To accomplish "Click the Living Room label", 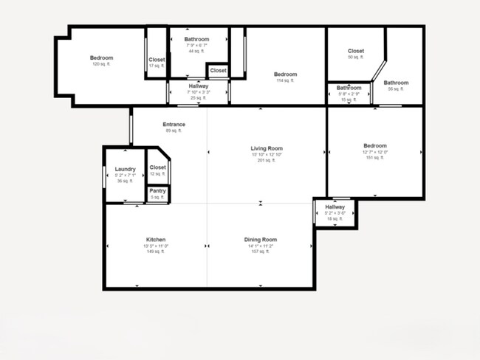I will [267, 148].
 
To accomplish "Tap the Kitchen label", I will [155, 240].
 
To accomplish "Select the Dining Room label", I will [261, 240].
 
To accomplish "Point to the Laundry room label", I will [125, 169].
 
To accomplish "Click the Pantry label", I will [157, 191].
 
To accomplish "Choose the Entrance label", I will [174, 124].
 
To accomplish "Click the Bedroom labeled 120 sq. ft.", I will [101, 58].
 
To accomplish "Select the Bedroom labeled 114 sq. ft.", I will [285, 75].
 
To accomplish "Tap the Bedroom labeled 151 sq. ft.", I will [375, 145].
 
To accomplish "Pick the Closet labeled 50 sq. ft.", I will [356, 51].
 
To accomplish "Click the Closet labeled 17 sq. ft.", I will [157, 60].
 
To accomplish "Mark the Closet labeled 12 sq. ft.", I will [157, 167].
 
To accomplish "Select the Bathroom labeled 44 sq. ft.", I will [196, 39].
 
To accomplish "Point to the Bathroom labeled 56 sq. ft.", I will [396, 83].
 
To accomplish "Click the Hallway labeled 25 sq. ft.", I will [198, 86].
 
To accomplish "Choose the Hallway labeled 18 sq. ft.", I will [335, 207].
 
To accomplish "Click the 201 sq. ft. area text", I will [267, 160].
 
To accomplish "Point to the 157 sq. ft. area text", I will [261, 252].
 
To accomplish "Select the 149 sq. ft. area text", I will [155, 252].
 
